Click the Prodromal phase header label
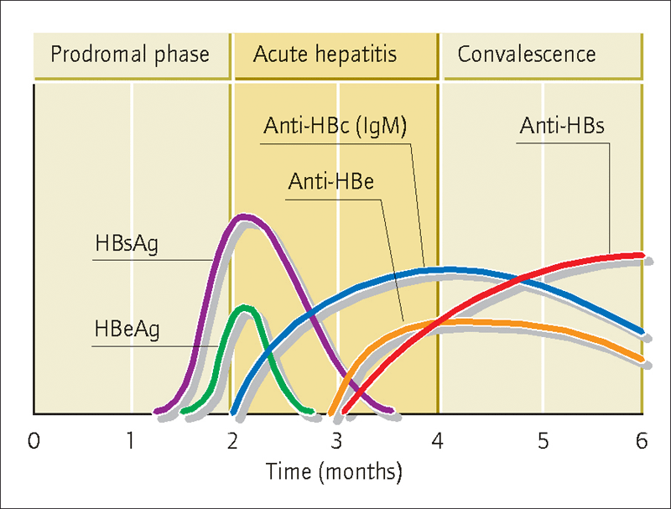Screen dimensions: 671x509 [130, 55]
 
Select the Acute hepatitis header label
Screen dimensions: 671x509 [325, 55]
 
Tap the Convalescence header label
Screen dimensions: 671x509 [527, 55]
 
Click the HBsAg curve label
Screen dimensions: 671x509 [127, 244]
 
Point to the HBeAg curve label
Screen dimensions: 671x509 [127, 330]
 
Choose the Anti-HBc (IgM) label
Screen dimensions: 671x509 [335, 126]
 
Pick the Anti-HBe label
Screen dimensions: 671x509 [330, 181]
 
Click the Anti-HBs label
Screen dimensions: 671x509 [562, 126]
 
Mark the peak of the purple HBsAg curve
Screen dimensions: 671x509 [244, 216]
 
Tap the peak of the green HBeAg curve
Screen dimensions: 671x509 [244, 308]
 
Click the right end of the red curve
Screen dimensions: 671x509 [642, 256]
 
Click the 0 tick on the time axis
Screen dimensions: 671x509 [34, 441]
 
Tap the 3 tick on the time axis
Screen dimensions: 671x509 [336, 441]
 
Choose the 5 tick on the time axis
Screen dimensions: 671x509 [543, 441]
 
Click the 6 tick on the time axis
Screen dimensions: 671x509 [642, 441]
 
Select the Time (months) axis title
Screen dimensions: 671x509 [334, 472]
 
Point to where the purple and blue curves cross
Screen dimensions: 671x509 [310, 316]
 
